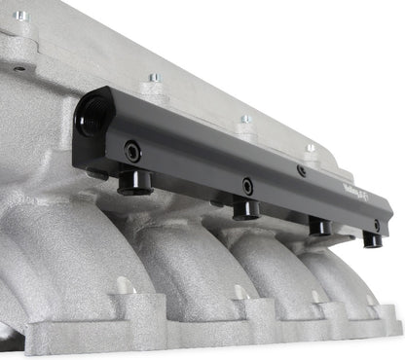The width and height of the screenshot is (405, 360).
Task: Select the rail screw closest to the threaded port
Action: (130, 151)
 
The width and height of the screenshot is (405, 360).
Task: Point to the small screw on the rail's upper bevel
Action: (302, 171)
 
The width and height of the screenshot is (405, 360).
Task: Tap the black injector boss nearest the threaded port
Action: (133, 181)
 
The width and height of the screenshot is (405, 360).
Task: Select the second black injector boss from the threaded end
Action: (245, 209)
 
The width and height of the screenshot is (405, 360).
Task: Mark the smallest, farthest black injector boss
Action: (372, 239)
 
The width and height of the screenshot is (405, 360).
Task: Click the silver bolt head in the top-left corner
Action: (20, 17)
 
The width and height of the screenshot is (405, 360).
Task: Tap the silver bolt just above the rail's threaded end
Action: (153, 78)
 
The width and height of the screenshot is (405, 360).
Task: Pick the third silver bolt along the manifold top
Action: (244, 121)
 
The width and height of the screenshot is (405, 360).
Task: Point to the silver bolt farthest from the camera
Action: (311, 149)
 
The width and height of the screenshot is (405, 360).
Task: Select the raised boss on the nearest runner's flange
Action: (123, 286)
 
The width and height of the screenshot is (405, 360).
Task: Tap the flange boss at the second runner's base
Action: (239, 291)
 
